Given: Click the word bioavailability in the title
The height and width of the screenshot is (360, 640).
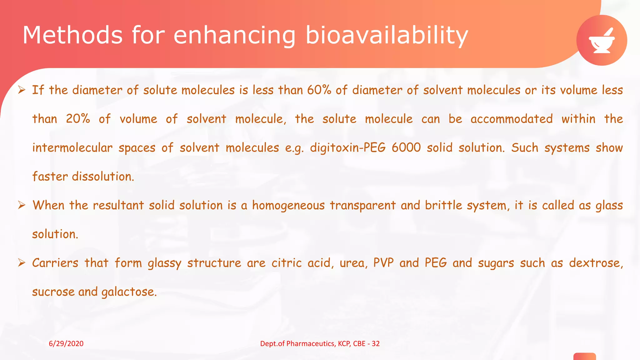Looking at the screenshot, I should [387, 35].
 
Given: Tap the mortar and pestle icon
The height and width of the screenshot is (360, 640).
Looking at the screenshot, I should [602, 41].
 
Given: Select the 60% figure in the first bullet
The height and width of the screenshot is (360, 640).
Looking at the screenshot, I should [319, 90].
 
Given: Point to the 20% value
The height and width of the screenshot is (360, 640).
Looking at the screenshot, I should [78, 119].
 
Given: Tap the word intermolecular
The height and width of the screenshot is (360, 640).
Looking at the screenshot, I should [72, 148].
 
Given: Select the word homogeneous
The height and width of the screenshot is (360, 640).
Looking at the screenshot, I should [288, 206].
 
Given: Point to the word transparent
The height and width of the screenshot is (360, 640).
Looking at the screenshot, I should [362, 206].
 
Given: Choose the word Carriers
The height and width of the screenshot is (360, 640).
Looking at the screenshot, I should [55, 263].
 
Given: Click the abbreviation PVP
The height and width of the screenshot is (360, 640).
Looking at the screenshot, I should [383, 263].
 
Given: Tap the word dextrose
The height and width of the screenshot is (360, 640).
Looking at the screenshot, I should [595, 263].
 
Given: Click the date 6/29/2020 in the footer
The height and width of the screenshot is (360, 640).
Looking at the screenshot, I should [66, 344].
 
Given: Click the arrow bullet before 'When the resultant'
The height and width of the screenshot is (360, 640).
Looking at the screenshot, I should [22, 205].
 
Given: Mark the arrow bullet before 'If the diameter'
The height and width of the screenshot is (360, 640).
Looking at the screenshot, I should [22, 90].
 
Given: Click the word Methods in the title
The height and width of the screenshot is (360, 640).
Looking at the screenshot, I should [72, 35].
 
